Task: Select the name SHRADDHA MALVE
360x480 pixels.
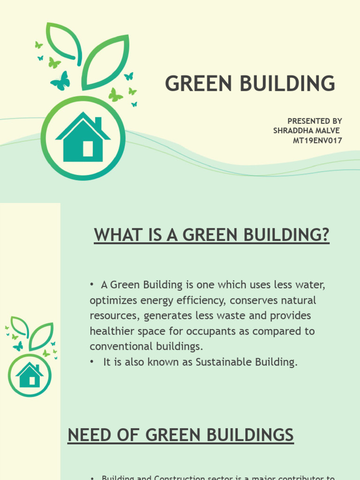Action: (307, 130)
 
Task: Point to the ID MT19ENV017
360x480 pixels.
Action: (317, 140)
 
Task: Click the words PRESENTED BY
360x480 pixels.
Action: (315, 121)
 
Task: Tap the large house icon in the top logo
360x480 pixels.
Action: (83, 138)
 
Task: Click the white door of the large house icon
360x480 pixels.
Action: (88, 149)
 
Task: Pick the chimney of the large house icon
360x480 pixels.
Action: (98, 123)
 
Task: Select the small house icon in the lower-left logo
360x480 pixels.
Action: (30, 375)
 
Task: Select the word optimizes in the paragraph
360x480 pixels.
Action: (112, 300)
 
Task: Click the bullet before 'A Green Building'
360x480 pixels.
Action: (93, 285)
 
